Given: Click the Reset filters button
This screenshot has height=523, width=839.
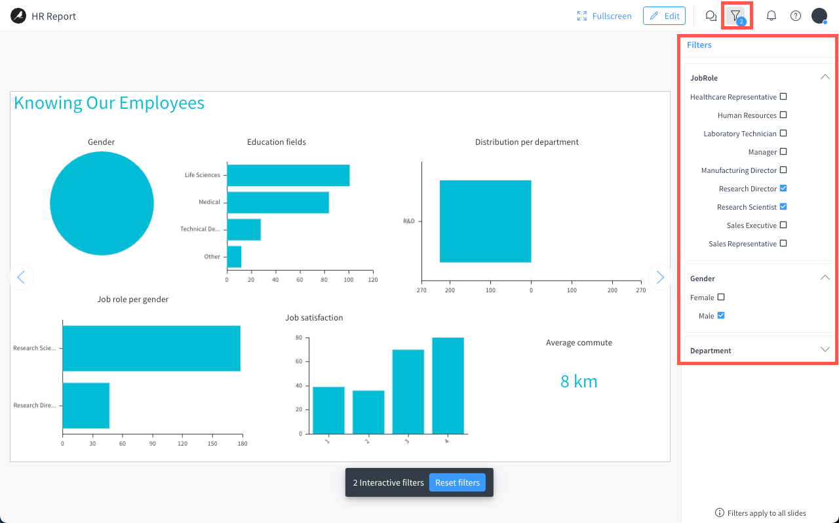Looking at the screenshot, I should click(457, 482).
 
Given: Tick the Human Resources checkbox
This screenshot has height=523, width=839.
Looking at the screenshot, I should click(783, 115).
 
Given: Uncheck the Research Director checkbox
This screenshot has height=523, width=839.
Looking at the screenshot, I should click(783, 189).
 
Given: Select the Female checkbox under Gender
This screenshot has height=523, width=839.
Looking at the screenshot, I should click(721, 298).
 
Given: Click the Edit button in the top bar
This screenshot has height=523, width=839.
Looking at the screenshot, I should click(664, 16).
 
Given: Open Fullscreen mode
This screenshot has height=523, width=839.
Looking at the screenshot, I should click(604, 16).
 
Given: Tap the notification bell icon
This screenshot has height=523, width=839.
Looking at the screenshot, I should click(771, 16).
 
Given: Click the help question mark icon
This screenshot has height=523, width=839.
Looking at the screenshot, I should click(796, 16).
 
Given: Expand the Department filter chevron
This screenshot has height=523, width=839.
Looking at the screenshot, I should click(825, 350).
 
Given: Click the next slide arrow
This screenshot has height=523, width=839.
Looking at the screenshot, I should click(660, 278).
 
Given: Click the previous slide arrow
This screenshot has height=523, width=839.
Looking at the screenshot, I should click(21, 278).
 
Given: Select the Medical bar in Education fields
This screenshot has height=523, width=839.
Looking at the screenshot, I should click(277, 203).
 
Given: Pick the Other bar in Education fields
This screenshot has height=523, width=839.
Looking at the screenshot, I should click(234, 257).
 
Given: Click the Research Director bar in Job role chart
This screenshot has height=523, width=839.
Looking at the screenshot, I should click(86, 406).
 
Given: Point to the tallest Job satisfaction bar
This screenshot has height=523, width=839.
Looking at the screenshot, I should click(448, 385).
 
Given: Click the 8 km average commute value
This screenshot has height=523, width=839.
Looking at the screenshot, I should click(579, 381).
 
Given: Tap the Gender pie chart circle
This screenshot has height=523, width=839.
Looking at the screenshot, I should click(102, 203).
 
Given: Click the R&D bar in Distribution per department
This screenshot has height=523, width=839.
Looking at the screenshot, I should click(485, 222).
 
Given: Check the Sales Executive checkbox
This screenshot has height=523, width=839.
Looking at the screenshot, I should click(783, 225).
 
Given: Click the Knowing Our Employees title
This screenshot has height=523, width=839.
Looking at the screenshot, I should click(109, 103).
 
